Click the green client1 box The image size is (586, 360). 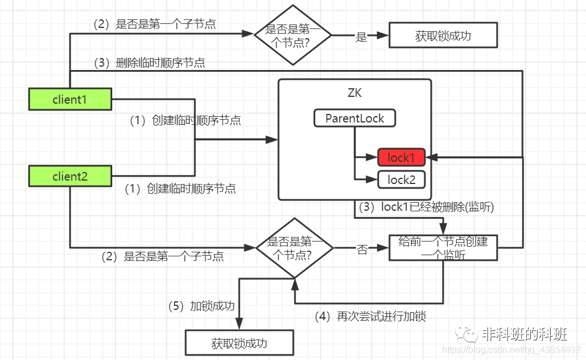(x=69, y=100)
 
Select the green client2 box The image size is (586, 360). (x=69, y=177)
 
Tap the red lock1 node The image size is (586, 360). (x=401, y=157)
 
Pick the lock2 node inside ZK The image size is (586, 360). (x=401, y=180)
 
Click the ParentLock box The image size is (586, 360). (x=354, y=118)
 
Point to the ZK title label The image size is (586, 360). (x=354, y=93)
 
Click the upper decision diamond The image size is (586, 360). (x=293, y=35)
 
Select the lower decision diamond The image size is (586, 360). (x=294, y=247)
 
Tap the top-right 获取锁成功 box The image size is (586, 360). (x=443, y=35)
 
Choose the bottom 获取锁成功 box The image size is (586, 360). (x=239, y=343)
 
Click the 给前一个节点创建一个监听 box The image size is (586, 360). (x=443, y=248)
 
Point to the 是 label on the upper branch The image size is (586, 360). (x=361, y=37)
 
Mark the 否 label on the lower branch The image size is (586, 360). (x=362, y=249)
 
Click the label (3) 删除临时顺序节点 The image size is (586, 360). (x=150, y=63)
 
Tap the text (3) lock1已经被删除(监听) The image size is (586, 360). (x=426, y=207)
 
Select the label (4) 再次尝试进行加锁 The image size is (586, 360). (x=370, y=317)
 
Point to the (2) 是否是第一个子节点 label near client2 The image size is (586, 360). (x=162, y=256)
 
